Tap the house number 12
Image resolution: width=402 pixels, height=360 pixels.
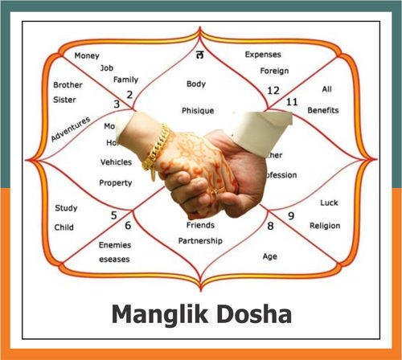pos(273,91)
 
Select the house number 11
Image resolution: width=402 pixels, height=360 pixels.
pos(292,101)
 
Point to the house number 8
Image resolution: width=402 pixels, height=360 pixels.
pos(270,227)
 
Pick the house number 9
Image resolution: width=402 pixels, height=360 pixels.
pos(290,215)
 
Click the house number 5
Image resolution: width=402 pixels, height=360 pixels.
pos(113,215)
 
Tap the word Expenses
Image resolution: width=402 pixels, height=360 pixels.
pos(263,55)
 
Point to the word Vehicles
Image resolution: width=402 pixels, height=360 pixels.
pos(116,162)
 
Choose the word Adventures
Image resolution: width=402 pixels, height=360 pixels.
pos(71,129)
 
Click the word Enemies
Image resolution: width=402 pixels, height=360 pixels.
pos(115,244)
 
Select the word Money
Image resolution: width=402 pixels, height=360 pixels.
pos(87,56)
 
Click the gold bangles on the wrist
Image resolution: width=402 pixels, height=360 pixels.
pos(157,149)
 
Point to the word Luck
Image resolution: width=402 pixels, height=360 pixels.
pos(329,202)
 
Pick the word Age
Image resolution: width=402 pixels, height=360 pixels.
pos(270,256)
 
